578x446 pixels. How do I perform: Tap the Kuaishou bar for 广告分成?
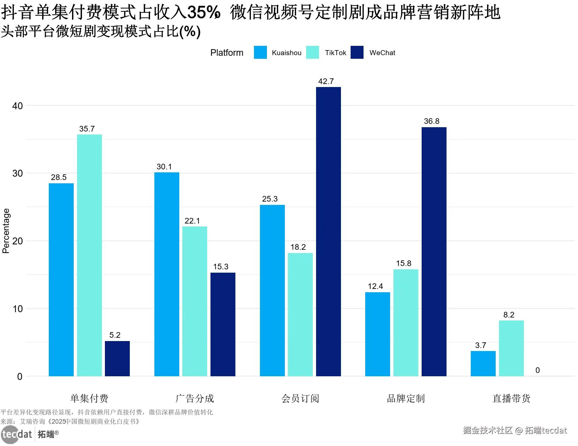tap(167, 274)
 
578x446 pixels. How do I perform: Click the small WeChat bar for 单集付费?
tap(117, 358)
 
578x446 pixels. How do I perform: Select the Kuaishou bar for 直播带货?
tap(483, 363)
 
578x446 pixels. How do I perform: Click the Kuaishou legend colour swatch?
tap(260, 52)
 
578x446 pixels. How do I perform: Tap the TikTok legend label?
tap(335, 53)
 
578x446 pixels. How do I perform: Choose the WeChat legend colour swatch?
tap(357, 52)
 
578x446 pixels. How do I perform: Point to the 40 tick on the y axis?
tap(17, 106)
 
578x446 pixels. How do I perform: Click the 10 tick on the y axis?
tap(17, 309)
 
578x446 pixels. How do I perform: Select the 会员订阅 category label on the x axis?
tap(300, 398)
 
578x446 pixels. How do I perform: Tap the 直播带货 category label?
tap(511, 398)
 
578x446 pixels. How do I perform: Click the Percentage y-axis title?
tap(6, 231)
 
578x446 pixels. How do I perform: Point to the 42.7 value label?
tap(326, 81)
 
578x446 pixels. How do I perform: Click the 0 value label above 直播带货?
tap(537, 370)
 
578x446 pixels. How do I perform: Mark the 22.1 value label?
tap(192, 221)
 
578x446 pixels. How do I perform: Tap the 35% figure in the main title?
tap(204, 12)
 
